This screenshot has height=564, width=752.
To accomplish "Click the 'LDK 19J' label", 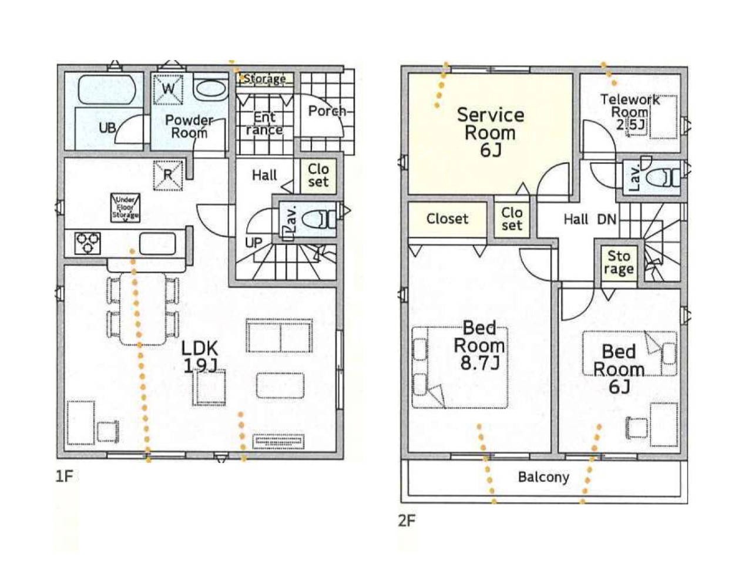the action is tap(200, 357).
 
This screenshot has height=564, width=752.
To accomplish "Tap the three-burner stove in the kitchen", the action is tap(88, 243).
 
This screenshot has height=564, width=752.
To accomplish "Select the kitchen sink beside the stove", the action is tap(157, 243).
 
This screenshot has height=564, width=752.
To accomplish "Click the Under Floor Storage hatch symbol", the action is tap(125, 208).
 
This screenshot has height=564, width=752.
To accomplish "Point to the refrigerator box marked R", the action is tap(168, 175).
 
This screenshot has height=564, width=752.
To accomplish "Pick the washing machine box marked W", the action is tap(168, 89).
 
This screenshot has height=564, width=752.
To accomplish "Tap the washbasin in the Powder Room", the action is tap(210, 90).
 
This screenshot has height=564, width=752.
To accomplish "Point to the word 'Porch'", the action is tap(327, 110).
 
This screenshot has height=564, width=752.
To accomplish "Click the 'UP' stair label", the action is tap(253, 243).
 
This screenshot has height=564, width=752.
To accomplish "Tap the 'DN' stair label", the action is tap(607, 219).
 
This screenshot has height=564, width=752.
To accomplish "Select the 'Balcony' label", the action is tap(543, 476).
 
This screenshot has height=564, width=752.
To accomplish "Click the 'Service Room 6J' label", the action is tap(490, 132).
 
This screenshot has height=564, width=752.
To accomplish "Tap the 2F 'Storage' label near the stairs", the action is tap(619, 263).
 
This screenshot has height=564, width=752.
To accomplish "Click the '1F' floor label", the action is tap(65, 476).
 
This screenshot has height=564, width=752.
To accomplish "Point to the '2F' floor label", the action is tap(407, 521).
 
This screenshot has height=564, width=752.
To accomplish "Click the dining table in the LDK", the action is tap(142, 309).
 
